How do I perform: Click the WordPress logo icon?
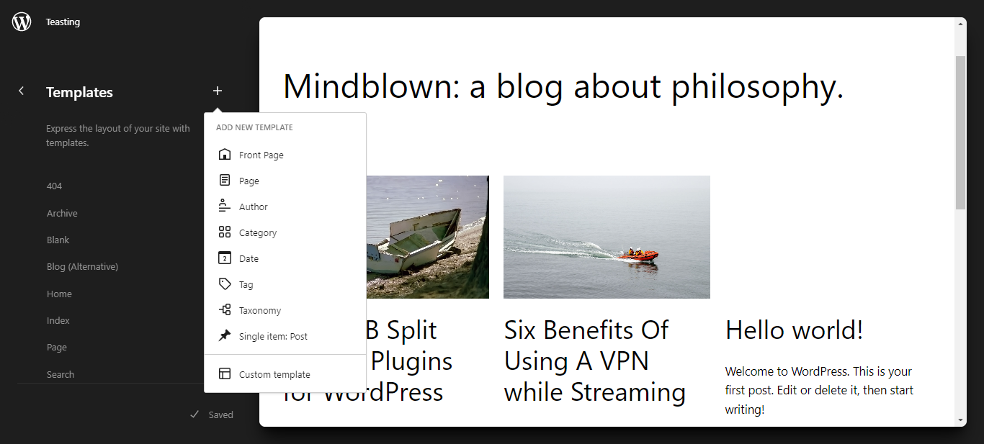[22, 22]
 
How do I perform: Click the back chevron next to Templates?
[21, 91]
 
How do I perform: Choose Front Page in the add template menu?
[261, 155]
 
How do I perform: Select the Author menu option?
[253, 207]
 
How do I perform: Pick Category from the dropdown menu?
[258, 233]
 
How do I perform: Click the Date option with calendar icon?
[249, 258]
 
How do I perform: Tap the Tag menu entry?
[246, 285]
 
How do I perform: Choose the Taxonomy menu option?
[260, 311]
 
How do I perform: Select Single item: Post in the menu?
[273, 337]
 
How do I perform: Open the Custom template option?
[274, 374]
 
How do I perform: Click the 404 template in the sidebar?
[54, 186]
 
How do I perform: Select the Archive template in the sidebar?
[62, 213]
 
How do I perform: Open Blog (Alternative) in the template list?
[83, 267]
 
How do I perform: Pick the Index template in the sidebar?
[58, 321]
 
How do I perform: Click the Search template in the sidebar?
[61, 374]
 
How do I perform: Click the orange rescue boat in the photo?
[639, 255]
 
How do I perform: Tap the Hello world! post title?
[795, 330]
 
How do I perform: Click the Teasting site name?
[63, 22]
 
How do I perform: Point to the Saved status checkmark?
[194, 414]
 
